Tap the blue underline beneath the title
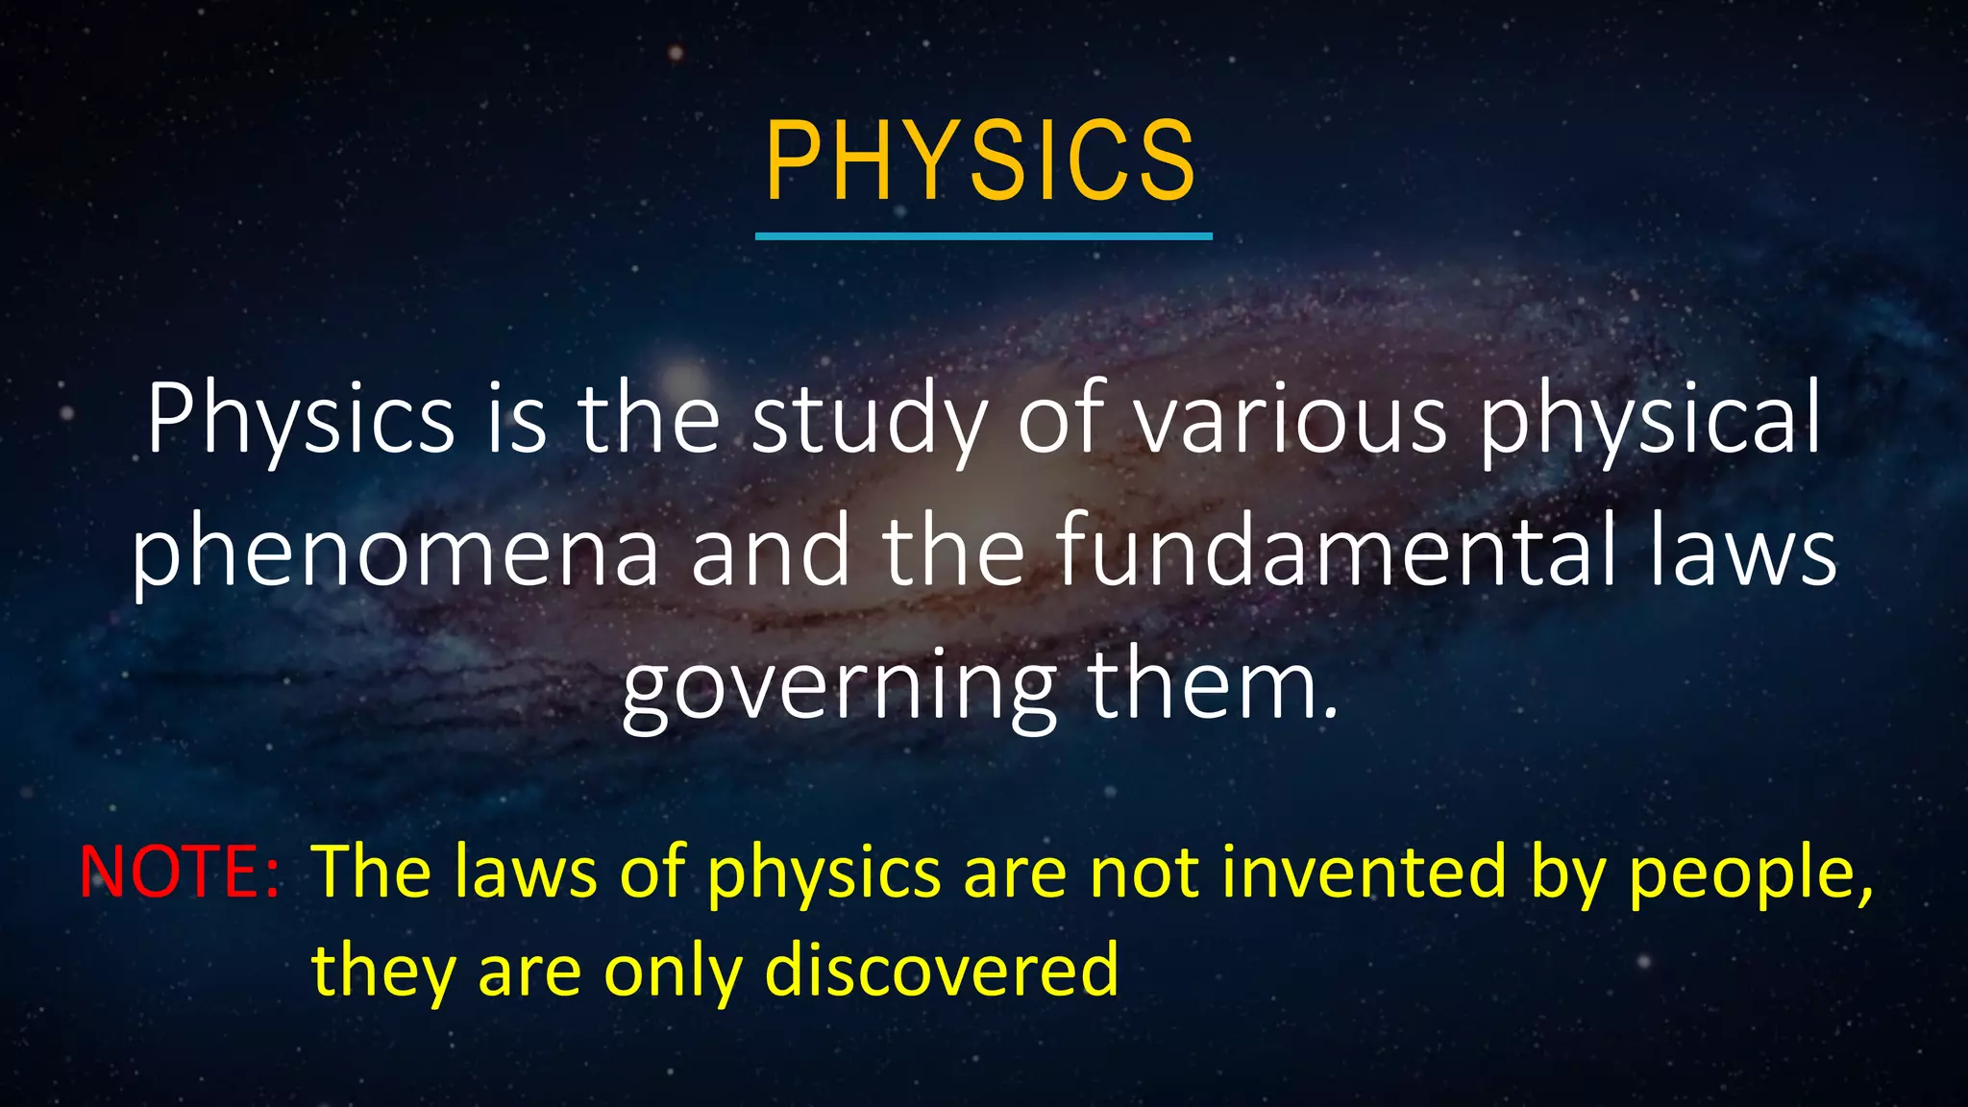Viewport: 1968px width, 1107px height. coord(983,235)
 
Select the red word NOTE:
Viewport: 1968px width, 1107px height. coord(180,872)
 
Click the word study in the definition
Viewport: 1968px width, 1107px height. coord(868,421)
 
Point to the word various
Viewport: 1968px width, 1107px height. coord(1291,419)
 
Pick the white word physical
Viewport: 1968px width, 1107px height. coord(1649,421)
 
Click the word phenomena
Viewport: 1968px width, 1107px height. coord(396,553)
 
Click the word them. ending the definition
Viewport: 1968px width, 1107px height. coord(1213,684)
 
